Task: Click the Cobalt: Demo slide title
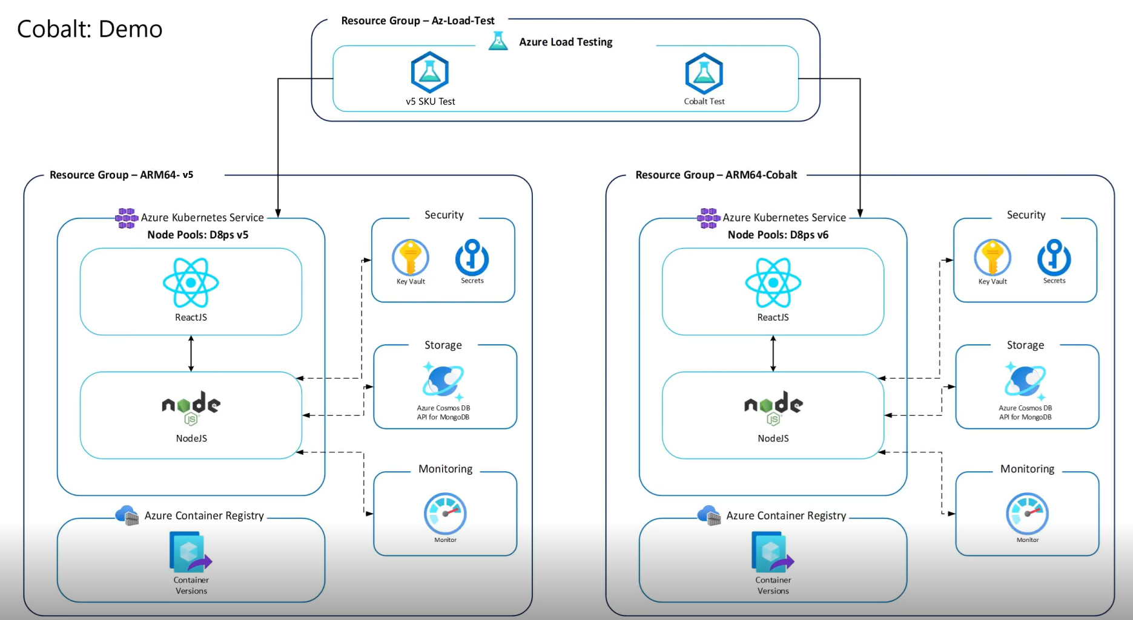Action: pyautogui.click(x=90, y=29)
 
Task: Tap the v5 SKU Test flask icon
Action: pyautogui.click(x=429, y=73)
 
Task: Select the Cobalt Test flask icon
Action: pyautogui.click(x=704, y=74)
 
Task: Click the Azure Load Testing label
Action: pyautogui.click(x=565, y=42)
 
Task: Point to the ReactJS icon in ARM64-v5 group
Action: pyautogui.click(x=191, y=282)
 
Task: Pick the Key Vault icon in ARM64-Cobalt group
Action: pyautogui.click(x=992, y=258)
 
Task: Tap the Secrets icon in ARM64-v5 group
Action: pyautogui.click(x=472, y=258)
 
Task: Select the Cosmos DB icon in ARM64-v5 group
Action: pyautogui.click(x=443, y=382)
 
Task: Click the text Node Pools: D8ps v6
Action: pyautogui.click(x=778, y=235)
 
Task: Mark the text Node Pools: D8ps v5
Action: pyautogui.click(x=197, y=235)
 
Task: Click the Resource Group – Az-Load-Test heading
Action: pyautogui.click(x=417, y=21)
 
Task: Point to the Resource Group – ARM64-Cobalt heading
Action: pyautogui.click(x=716, y=175)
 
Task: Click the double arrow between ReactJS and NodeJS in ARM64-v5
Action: pyautogui.click(x=191, y=353)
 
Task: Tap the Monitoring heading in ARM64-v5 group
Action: pyautogui.click(x=445, y=469)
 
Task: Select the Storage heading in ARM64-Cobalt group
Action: pyautogui.click(x=1025, y=345)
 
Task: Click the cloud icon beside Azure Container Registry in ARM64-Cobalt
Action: pyautogui.click(x=709, y=515)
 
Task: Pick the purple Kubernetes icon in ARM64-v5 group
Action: pyautogui.click(x=127, y=218)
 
